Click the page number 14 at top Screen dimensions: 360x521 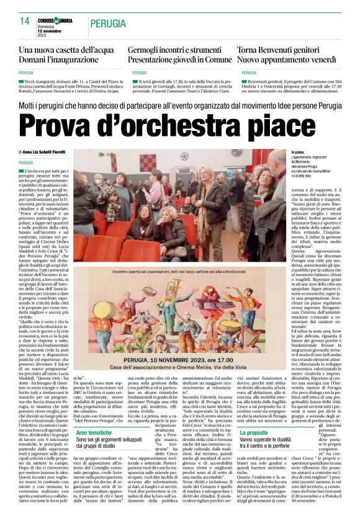[x=25, y=21]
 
